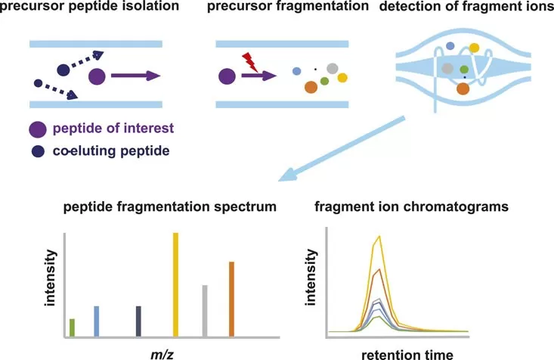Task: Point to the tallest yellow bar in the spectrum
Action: click(x=175, y=284)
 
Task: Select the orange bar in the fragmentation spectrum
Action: click(x=231, y=299)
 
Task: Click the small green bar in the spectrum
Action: click(x=72, y=327)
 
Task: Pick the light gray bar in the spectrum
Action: click(x=205, y=310)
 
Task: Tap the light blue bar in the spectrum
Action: click(x=96, y=321)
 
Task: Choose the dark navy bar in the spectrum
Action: click(x=138, y=321)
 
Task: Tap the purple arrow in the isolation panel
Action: click(x=135, y=75)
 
